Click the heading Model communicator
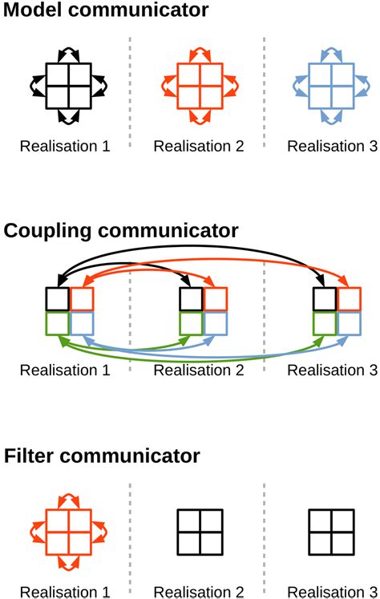click(106, 11)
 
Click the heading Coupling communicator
click(121, 231)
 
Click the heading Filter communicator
click(102, 456)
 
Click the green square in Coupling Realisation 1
click(58, 323)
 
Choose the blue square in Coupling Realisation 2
click(216, 323)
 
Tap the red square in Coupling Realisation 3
click(349, 299)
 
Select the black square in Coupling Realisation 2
click(191, 299)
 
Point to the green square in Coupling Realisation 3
click(325, 323)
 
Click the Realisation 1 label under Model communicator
click(65, 146)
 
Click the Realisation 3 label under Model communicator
click(331, 146)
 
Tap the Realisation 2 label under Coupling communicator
click(198, 370)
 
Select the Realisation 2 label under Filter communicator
click(198, 592)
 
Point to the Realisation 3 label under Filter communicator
click(331, 592)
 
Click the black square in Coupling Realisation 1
click(58, 299)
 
